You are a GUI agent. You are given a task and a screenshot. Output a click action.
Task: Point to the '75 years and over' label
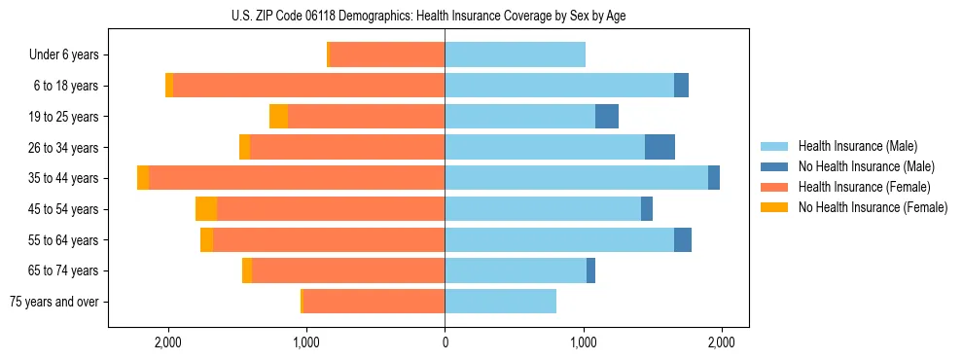[x=53, y=302]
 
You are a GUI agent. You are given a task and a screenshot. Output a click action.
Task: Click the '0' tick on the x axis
[x=445, y=342]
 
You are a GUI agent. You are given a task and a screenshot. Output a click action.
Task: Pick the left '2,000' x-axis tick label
[x=168, y=342]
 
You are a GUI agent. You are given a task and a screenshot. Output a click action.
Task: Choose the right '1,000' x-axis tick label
[x=584, y=342]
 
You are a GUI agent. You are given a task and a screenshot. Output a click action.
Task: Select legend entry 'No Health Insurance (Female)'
[x=873, y=207]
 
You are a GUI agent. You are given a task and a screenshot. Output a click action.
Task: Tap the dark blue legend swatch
[x=774, y=166]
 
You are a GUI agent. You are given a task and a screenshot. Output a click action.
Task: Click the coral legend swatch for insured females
[x=774, y=187]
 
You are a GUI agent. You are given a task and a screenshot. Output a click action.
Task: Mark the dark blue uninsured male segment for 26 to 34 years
[x=660, y=147]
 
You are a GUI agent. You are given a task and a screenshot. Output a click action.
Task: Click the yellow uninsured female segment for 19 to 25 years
[x=278, y=117]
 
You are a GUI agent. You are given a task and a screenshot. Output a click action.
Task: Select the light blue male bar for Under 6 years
[x=515, y=55]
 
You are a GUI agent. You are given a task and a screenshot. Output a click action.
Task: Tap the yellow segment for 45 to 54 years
[x=206, y=209]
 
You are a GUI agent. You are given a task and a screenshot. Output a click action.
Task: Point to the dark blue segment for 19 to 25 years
[x=607, y=117]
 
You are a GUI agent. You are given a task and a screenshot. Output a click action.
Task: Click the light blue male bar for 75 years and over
[x=500, y=302]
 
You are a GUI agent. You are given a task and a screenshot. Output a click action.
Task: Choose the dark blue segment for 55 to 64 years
[x=683, y=239]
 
